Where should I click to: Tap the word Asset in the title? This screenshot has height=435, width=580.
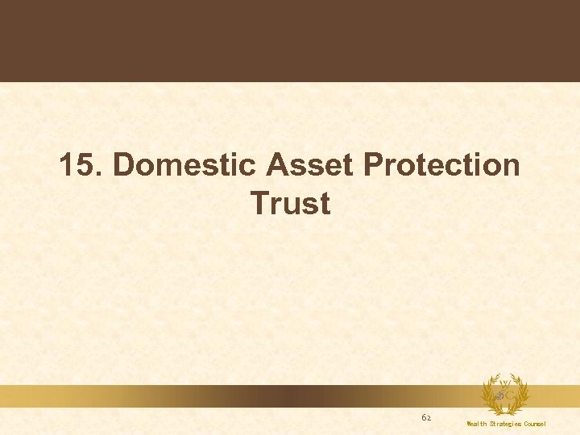tap(310, 165)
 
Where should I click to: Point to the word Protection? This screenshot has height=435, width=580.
tap(442, 165)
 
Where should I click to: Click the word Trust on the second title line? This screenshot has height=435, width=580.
tap(290, 203)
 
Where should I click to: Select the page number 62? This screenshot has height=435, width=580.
tap(426, 418)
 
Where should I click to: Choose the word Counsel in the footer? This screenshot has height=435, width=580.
tap(535, 424)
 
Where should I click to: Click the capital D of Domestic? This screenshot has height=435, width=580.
tap(124, 165)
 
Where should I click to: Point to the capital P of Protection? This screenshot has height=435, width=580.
tap(374, 165)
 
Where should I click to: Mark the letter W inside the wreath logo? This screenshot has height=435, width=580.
tap(504, 383)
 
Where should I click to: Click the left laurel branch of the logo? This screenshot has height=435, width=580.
tap(489, 394)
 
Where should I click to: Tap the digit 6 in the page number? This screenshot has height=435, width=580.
tap(424, 418)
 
